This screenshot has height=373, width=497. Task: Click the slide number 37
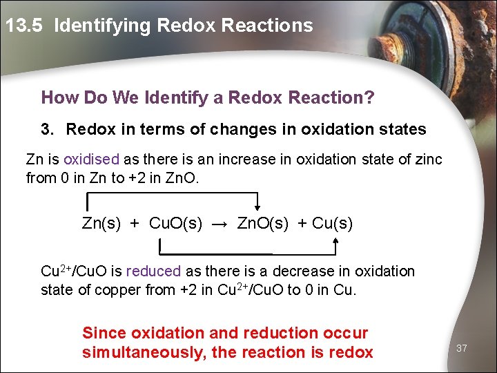(x=462, y=348)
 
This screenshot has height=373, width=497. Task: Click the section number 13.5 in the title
(x=26, y=26)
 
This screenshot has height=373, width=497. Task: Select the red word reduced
(x=153, y=271)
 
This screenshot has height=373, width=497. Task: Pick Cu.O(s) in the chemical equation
(x=176, y=223)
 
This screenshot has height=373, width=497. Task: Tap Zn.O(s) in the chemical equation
(x=263, y=223)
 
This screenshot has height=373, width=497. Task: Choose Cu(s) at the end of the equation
(x=332, y=223)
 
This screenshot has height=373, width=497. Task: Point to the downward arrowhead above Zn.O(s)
(x=257, y=205)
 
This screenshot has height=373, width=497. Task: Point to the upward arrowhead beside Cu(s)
(x=335, y=241)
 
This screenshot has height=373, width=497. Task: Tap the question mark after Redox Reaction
(x=369, y=97)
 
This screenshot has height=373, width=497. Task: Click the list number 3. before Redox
(x=47, y=129)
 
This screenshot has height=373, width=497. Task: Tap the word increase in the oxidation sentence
(x=246, y=160)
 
